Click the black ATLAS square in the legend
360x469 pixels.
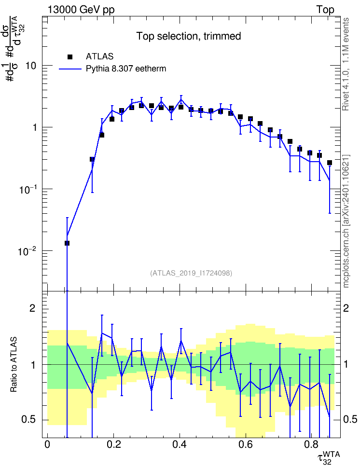pyautogui.click(x=70, y=56)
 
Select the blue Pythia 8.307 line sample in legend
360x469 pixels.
pyautogui.click(x=70, y=69)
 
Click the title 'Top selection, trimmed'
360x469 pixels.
pyautogui.click(x=189, y=36)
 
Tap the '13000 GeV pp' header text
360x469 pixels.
pyautogui.click(x=81, y=10)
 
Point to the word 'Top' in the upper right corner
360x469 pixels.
pyautogui.click(x=325, y=10)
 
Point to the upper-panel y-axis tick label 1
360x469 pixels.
pyautogui.click(x=34, y=127)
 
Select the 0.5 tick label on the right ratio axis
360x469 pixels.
pyautogui.click(x=350, y=419)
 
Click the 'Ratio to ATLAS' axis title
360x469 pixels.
pyautogui.click(x=14, y=364)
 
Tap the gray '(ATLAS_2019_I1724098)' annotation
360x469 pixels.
pyautogui.click(x=191, y=273)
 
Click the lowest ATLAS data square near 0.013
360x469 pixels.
pyautogui.click(x=67, y=243)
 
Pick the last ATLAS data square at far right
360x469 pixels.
pyautogui.click(x=330, y=163)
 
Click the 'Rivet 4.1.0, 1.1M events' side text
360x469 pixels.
pyautogui.click(x=346, y=64)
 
